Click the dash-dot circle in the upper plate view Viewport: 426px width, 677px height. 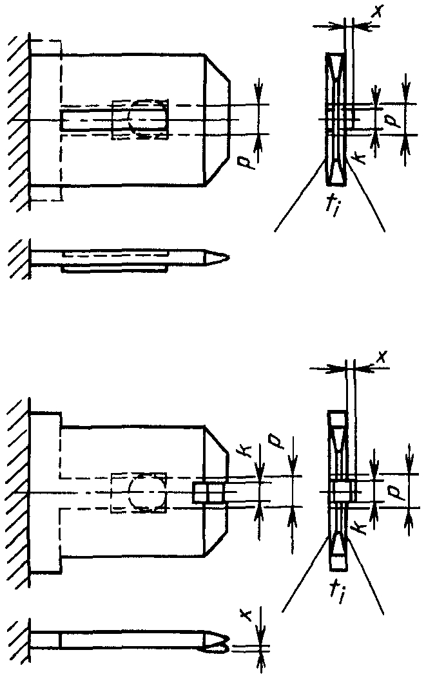pos(145,119)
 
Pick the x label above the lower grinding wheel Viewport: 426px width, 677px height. pos(380,355)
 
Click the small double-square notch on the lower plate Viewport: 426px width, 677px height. pos(208,494)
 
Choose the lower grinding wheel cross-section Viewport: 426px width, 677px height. pos(338,490)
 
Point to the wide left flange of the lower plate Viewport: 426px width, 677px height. pos(45,492)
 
